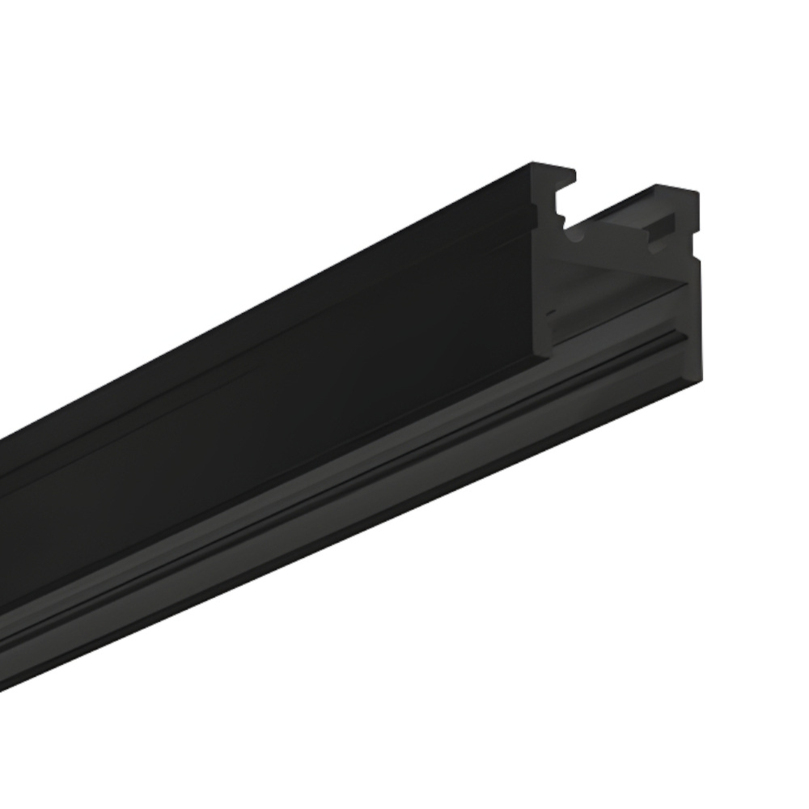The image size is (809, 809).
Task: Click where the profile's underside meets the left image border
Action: (2, 663)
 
